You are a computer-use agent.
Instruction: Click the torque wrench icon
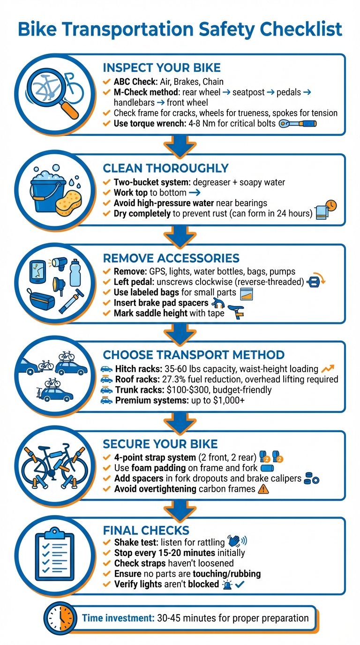298,124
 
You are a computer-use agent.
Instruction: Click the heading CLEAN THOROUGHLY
166,168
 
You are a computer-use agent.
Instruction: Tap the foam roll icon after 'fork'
267,467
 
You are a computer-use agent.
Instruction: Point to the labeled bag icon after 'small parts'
247,293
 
